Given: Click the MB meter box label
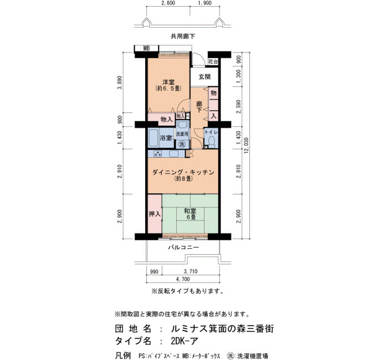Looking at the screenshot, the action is tap(146, 49).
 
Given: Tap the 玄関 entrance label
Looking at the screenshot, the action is tap(205, 77).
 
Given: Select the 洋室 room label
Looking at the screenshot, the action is tap(169, 82).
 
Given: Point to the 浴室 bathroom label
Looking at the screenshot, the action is tap(166, 138).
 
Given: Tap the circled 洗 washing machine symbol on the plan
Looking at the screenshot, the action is tap(182, 143).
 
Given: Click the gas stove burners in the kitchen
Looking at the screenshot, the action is tap(157, 154).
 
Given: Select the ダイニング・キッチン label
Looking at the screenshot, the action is tap(183, 172).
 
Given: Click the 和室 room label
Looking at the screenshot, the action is tap(190, 211).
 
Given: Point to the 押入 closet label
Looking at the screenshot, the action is tap(155, 214).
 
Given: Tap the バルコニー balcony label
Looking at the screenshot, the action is tap(183, 247).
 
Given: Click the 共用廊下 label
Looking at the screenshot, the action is tap(183, 37).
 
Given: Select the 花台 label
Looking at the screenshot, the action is tap(213, 61).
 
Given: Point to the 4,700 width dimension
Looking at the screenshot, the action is tap(183, 279).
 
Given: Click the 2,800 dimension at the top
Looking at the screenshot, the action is tap(168, 3).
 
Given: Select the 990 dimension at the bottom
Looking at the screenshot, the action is tap(154, 271).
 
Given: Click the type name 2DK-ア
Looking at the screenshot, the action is tap(185, 341).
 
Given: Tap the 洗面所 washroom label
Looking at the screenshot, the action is tap(182, 134).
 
